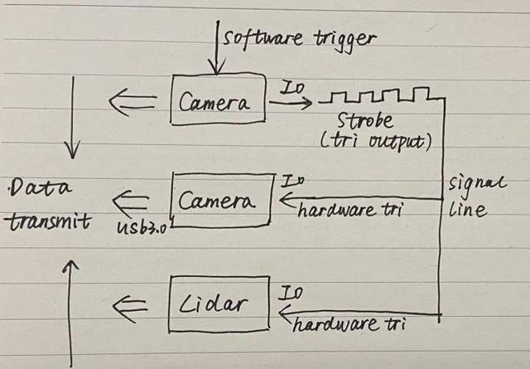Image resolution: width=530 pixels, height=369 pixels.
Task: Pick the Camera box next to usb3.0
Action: [x=220, y=200]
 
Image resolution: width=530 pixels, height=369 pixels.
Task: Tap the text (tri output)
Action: [x=377, y=142]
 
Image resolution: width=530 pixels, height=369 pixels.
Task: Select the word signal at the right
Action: [x=468, y=183]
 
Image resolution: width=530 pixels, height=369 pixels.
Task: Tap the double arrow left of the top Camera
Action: [x=132, y=101]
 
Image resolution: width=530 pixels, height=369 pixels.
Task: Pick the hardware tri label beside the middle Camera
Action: [x=350, y=209]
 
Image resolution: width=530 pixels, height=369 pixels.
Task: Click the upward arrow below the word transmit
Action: [x=71, y=307]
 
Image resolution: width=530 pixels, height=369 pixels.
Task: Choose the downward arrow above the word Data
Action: [x=73, y=116]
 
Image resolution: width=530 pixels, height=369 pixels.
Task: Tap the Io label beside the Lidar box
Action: [x=291, y=293]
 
